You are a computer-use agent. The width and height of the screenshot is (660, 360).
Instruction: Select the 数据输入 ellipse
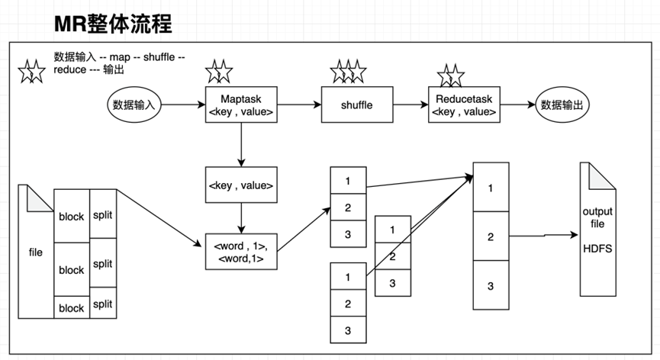(134, 105)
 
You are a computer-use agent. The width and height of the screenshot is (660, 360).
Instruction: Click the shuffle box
(357, 105)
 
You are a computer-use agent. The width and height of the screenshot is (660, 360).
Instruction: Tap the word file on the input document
(36, 252)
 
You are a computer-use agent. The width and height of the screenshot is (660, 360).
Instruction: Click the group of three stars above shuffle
(348, 72)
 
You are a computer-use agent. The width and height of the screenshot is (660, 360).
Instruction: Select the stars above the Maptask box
(218, 72)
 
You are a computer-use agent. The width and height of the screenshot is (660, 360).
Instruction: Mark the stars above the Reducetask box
(450, 75)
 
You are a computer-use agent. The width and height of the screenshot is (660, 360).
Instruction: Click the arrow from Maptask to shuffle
(298, 105)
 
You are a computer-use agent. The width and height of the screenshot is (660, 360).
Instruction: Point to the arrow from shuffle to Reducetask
(410, 105)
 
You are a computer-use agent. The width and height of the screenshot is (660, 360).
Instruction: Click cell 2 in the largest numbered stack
(491, 236)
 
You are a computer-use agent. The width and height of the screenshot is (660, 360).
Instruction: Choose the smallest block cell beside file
(71, 308)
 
